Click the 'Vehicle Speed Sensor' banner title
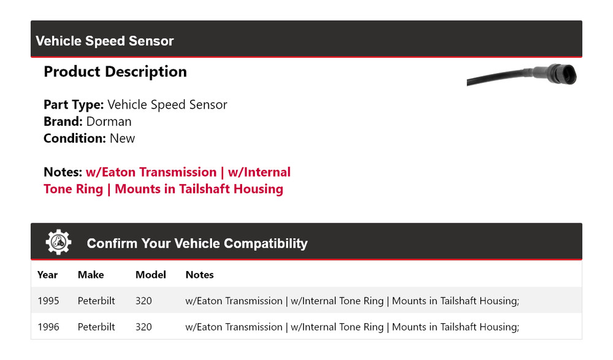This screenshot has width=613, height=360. click(105, 41)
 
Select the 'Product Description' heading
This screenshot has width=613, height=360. click(115, 72)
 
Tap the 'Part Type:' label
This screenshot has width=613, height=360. click(74, 105)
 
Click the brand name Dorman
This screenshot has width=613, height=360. click(109, 121)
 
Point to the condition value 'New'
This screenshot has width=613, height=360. click(122, 138)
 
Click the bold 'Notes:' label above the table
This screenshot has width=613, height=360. click(63, 172)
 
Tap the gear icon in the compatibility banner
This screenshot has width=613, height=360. click(58, 242)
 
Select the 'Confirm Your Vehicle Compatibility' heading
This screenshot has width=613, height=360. click(197, 243)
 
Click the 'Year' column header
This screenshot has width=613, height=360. click(47, 275)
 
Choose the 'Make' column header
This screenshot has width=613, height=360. click(91, 275)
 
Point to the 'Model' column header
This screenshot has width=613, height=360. click(151, 275)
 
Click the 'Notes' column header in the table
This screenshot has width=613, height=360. click(199, 275)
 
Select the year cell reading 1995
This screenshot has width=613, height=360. click(48, 301)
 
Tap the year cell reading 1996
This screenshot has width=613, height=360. click(48, 327)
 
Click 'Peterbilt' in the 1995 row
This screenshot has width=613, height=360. click(96, 301)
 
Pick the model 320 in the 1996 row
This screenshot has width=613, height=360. click(143, 327)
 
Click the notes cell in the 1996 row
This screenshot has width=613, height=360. click(352, 327)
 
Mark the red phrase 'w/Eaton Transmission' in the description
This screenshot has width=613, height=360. click(151, 172)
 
